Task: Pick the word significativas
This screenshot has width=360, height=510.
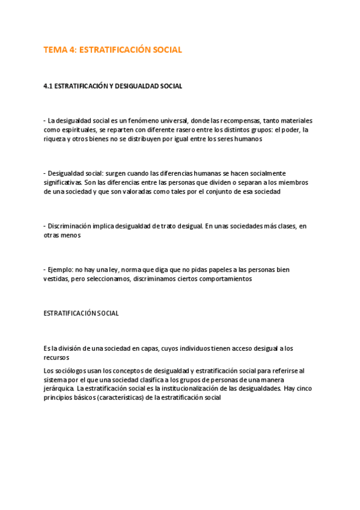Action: pyautogui.click(x=63, y=182)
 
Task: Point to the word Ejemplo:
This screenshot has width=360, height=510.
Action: pyautogui.click(x=62, y=269)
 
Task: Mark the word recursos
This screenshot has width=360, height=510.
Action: pyautogui.click(x=56, y=357)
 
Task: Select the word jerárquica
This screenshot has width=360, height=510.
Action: pyautogui.click(x=59, y=389)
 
